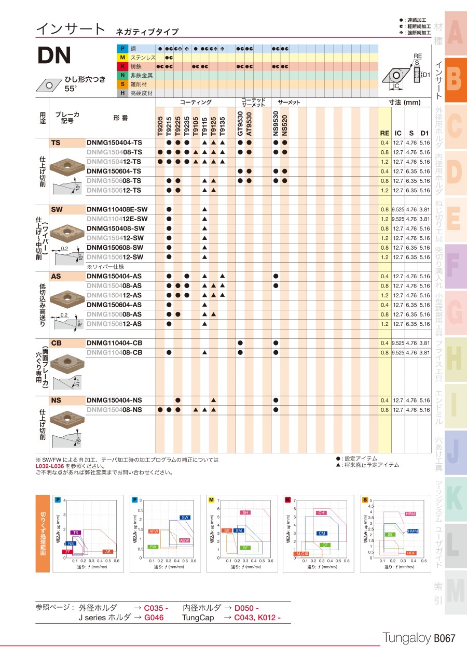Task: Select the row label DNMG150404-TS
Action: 114,142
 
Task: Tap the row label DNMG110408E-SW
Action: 117,209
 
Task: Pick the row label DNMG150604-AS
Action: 114,305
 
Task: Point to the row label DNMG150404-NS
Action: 114,400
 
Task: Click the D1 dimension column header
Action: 424,133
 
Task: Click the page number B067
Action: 444,638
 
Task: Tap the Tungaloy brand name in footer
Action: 407,638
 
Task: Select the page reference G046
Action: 154,618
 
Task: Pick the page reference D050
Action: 246,608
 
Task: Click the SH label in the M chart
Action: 245,512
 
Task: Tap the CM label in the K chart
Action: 322,533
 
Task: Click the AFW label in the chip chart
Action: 153,532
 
